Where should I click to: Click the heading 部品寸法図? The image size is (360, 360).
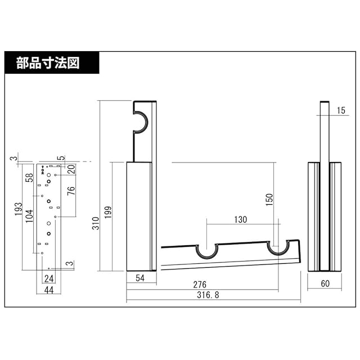tap(48, 62)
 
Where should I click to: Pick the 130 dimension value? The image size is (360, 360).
tap(240, 220)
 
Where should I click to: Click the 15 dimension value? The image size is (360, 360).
tap(341, 111)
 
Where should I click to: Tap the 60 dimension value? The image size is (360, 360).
tap(325, 283)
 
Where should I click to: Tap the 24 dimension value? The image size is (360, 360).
tap(49, 278)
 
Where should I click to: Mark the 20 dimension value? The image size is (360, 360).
tap(71, 169)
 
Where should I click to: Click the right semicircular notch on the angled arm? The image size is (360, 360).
tap(279, 247)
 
